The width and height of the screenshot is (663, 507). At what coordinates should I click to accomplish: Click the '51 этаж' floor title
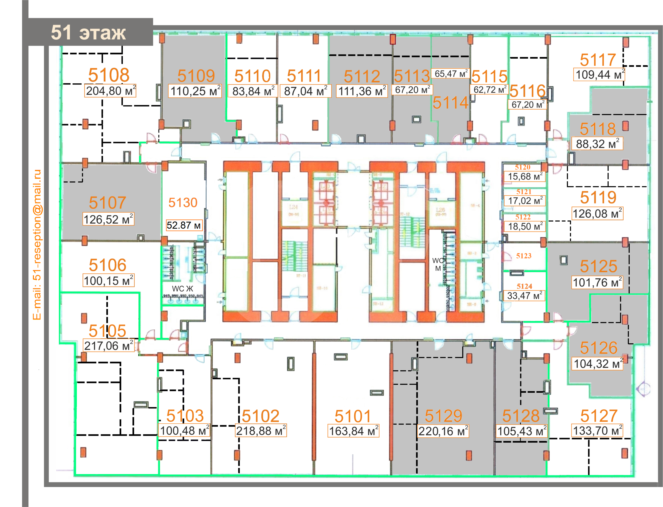tap(88, 33)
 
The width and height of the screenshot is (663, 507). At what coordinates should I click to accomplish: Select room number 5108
tap(109, 75)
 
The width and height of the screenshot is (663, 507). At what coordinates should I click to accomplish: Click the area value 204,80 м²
tap(110, 91)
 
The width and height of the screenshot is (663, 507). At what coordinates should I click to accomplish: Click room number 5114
tap(450, 103)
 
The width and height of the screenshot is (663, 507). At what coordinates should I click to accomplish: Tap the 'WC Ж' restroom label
tap(182, 288)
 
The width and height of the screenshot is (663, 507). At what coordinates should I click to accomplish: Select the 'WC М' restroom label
tap(438, 264)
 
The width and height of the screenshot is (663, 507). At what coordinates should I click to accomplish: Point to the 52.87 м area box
tap(184, 225)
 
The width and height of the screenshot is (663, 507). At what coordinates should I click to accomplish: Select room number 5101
tap(353, 416)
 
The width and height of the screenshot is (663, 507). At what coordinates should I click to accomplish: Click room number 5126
tap(598, 348)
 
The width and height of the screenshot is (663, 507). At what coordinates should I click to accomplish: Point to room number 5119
tap(598, 197)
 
